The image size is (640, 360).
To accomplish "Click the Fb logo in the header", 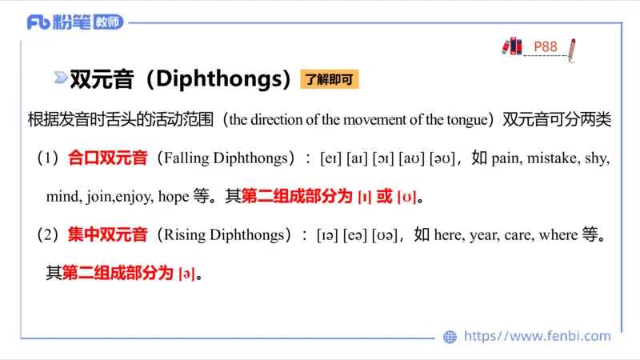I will pos(39,22).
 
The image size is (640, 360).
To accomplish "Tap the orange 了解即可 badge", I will pos(329,79).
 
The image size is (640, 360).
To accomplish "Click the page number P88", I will pos(545,46).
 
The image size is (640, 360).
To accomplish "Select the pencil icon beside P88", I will pos(571,49).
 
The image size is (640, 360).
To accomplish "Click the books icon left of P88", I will pos(512,46).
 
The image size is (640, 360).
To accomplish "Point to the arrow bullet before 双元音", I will pos(60,78).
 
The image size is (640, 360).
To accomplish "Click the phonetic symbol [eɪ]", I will pos(330,158).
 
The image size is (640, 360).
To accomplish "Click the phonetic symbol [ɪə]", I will pos(326,235).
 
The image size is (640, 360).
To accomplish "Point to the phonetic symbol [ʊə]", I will pos(385,235).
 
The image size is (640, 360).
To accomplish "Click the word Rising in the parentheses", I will pos(183,235).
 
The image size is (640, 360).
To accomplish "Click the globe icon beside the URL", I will pos(450,337).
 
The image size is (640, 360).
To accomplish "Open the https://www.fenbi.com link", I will pos(537,337).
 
